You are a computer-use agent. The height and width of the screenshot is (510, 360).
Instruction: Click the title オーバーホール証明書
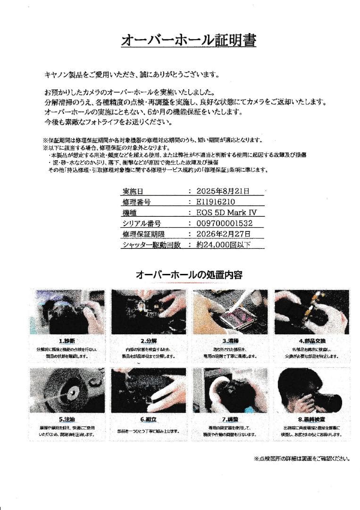(188, 41)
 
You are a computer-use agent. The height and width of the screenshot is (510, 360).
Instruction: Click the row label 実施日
(133, 192)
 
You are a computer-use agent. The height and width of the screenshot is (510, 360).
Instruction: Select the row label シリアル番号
(142, 223)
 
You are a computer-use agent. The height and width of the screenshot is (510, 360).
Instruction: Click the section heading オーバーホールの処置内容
(189, 274)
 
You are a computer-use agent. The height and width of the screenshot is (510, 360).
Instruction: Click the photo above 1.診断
(67, 312)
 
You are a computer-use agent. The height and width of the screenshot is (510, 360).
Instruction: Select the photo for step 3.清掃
(230, 312)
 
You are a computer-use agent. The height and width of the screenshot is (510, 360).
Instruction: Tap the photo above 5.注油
(67, 390)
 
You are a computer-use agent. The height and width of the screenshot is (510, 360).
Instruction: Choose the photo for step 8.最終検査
(311, 390)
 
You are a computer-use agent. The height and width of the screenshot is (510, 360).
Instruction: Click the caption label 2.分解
(149, 340)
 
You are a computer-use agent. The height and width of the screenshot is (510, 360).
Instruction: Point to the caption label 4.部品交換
(312, 340)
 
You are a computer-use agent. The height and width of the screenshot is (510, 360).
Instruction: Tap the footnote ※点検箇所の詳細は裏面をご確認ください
(301, 458)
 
